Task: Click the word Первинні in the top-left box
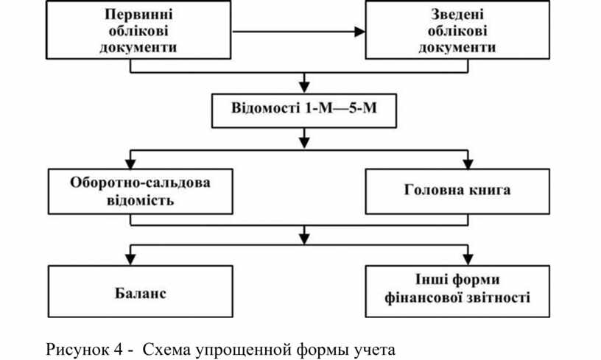coord(138,15)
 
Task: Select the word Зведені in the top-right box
coord(457,15)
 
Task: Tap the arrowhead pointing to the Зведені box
coord(359,32)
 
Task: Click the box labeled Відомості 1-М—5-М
coord(304,110)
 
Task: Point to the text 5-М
coord(362,108)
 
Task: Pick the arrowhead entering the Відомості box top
coord(304,88)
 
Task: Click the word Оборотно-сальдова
coord(140,183)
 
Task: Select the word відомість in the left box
coord(140,200)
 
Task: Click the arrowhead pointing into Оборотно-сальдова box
coord(130,163)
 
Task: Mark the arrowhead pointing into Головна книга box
coord(468,163)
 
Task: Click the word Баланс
coord(141,293)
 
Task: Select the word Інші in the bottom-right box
coord(432,280)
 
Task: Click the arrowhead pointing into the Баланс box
coord(130,260)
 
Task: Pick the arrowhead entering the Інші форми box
coord(468,260)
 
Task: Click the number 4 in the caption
coord(118,349)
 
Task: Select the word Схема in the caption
coord(166,349)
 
